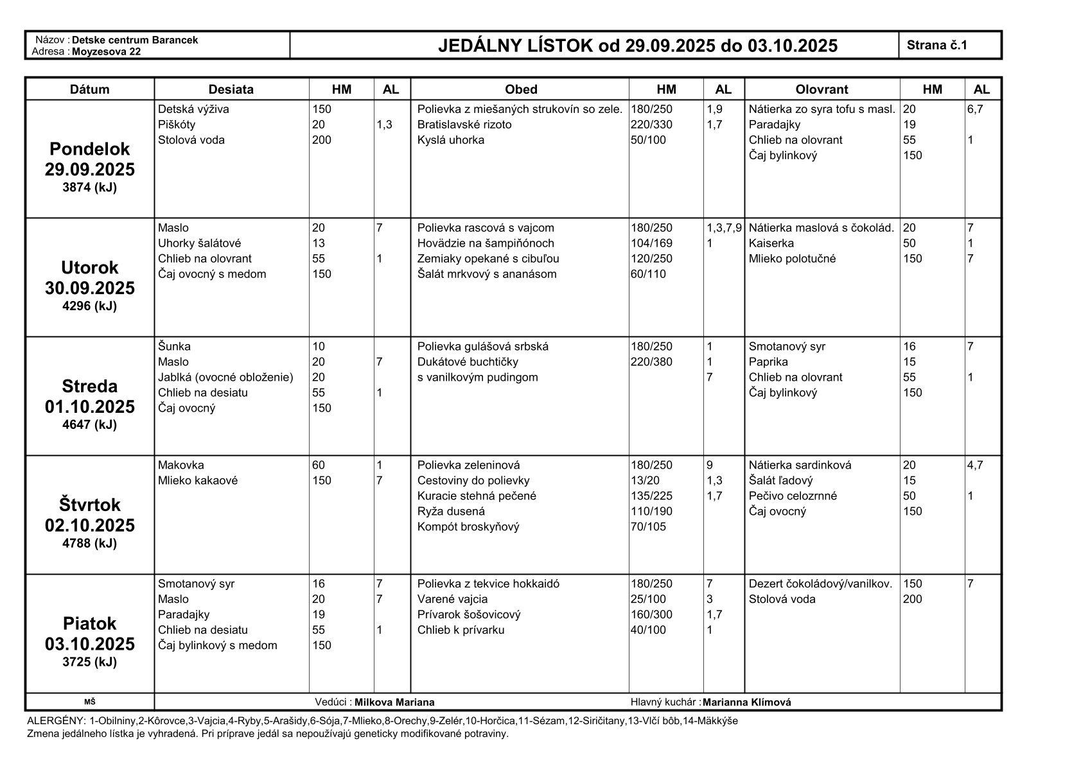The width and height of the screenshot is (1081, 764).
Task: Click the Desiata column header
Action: [231, 89]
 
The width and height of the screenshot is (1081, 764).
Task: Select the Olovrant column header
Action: [822, 89]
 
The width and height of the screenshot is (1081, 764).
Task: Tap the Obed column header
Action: [520, 89]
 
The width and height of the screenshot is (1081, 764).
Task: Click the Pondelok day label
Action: [89, 149]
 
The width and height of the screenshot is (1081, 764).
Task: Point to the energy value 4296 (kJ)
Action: [89, 306]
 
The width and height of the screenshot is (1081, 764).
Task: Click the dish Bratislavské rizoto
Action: [464, 125]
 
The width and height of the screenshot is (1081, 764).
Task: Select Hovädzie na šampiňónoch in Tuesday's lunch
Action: [486, 243]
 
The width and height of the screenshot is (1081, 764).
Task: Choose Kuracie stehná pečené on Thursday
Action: [477, 496]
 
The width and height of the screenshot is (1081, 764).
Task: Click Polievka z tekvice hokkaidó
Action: [488, 584]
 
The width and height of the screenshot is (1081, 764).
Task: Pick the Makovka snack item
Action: [180, 465]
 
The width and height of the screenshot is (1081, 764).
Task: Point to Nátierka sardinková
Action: [800, 465]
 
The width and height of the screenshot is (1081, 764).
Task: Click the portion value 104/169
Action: [651, 243]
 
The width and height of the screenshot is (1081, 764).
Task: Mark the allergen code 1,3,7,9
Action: [724, 228]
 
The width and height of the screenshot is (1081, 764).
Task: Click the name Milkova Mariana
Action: [394, 702]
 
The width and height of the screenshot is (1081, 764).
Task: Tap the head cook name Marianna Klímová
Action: [746, 702]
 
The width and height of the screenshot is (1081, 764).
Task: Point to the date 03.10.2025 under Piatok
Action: [89, 644]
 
